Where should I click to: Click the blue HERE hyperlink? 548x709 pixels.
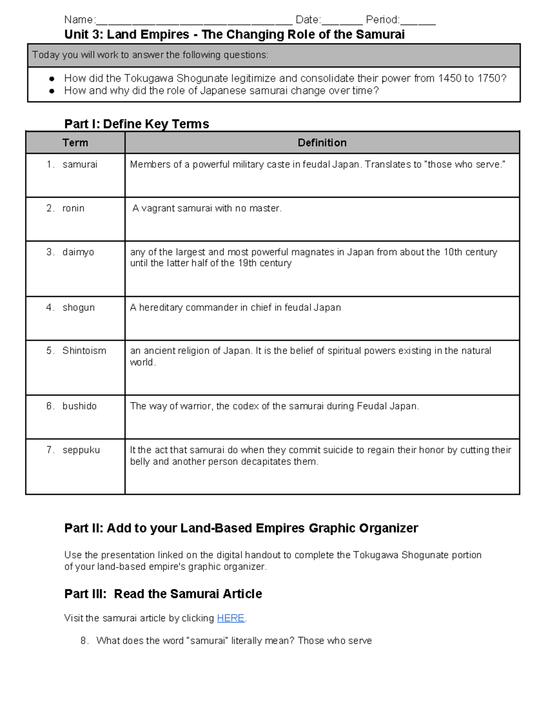click(x=231, y=618)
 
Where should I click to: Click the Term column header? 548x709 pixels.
click(x=75, y=143)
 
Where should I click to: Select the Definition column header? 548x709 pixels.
click(x=322, y=143)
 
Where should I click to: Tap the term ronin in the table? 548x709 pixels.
click(x=73, y=208)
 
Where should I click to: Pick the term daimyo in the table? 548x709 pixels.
click(x=78, y=252)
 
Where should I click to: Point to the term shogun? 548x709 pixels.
click(x=79, y=307)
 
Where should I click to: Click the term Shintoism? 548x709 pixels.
click(x=84, y=351)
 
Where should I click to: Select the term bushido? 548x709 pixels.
click(x=79, y=406)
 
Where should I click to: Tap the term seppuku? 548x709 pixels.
click(x=81, y=450)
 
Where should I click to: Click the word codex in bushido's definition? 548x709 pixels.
click(x=246, y=406)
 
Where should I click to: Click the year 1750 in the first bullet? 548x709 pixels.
click(x=489, y=78)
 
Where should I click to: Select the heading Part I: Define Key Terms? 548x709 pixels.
click(x=137, y=124)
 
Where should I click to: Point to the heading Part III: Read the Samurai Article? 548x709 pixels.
click(x=163, y=593)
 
